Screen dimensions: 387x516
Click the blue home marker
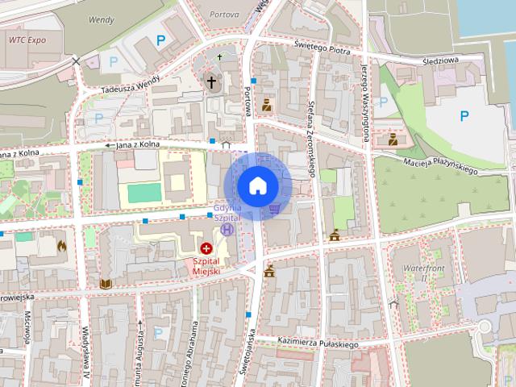click(x=258, y=186)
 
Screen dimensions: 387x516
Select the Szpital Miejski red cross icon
click(x=206, y=249)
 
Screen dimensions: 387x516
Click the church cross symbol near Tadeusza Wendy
click(x=212, y=82)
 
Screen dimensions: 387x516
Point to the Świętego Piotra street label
click(x=322, y=48)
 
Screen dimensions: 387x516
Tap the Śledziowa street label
click(x=439, y=60)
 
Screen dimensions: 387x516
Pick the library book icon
click(x=105, y=284)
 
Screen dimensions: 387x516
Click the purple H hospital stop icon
click(x=227, y=230)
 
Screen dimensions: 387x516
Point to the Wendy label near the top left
click(x=101, y=19)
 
